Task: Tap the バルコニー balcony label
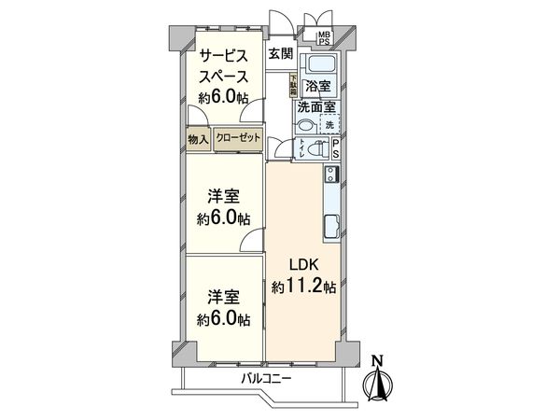coord(266,379)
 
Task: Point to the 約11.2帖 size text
coord(303,287)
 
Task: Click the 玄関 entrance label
coord(280,53)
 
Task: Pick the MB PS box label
coord(325,38)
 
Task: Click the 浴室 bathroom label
coord(318,87)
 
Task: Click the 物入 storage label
coord(198,139)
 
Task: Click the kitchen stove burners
coord(330,175)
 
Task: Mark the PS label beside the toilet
coord(336,149)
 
